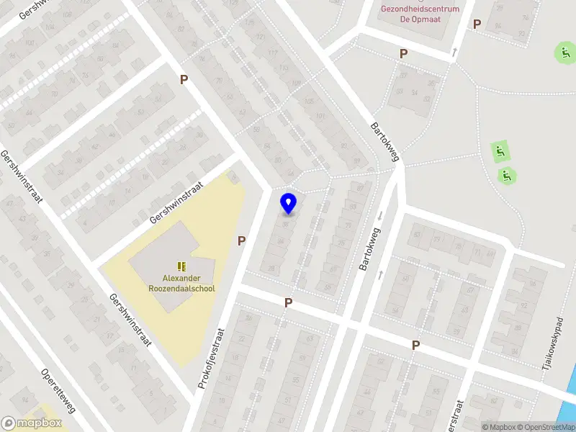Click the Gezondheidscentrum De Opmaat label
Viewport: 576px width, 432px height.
point(420,14)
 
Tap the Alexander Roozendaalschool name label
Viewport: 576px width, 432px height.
point(181,283)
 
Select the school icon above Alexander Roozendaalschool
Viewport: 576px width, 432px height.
point(181,266)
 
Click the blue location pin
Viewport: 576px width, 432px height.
point(289,204)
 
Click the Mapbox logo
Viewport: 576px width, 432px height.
point(31,423)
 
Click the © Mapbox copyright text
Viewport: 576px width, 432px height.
point(498,427)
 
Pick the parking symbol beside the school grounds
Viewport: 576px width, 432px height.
point(242,241)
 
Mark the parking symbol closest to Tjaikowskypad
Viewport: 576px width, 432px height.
point(415,346)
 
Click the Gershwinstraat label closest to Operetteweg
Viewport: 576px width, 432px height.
point(130,320)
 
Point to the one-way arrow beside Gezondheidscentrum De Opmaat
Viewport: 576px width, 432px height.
point(454,52)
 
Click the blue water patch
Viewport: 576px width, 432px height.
point(571,390)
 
